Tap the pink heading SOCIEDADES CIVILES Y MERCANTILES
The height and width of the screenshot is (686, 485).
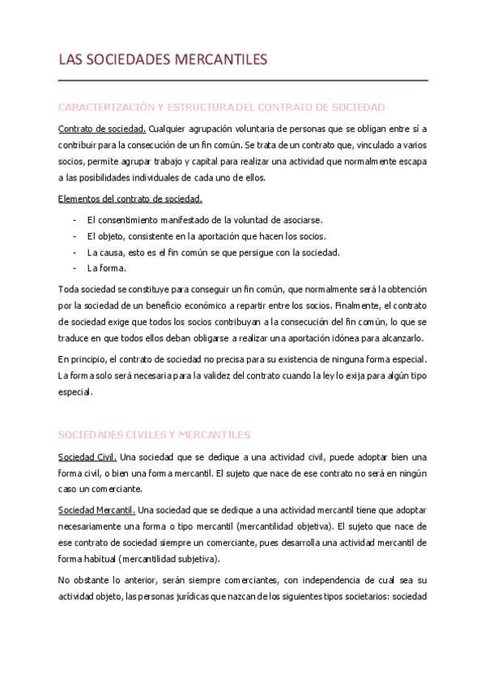pos(155,434)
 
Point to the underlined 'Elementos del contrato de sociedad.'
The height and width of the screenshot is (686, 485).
pos(130,199)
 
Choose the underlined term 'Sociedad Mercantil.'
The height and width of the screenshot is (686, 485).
pos(97,510)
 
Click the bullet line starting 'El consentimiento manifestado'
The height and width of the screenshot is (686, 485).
pos(204,220)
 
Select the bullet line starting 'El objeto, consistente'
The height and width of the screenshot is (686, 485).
pos(206,236)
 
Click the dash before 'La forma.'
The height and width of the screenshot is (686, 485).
pos(74,269)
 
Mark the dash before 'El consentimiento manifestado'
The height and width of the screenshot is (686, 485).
pos(74,220)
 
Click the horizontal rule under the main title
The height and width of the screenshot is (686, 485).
pos(243,81)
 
